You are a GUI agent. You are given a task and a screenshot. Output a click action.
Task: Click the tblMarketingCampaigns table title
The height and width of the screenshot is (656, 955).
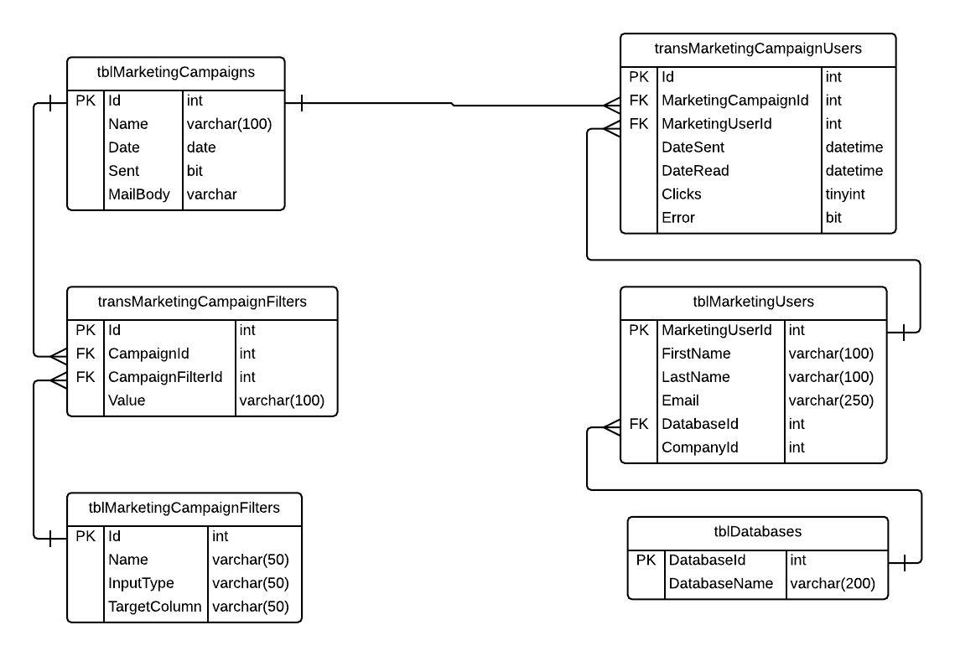click(x=175, y=73)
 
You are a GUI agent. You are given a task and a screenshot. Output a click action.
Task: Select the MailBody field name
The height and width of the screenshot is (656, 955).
click(x=139, y=194)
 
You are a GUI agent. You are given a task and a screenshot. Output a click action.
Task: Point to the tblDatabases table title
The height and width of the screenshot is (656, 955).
click(x=757, y=532)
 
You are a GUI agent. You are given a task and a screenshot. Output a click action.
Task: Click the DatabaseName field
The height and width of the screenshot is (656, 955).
click(x=719, y=583)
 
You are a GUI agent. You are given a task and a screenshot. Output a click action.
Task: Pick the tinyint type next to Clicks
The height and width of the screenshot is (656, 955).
click(x=845, y=194)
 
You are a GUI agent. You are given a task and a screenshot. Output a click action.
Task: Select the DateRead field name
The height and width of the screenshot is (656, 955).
click(x=695, y=170)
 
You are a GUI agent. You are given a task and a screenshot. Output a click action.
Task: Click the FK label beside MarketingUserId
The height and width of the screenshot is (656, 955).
click(x=639, y=124)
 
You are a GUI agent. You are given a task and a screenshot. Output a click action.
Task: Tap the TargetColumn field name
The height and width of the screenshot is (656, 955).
click(x=155, y=606)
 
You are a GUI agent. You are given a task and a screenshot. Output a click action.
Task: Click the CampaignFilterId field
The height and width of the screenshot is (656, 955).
click(x=165, y=377)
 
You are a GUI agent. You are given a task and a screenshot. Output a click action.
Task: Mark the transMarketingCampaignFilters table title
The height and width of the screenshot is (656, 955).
click(x=201, y=302)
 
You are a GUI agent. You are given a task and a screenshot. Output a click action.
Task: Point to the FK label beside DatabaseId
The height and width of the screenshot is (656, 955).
click(x=639, y=424)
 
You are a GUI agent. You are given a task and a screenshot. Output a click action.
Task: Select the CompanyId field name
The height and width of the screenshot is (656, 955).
click(x=700, y=447)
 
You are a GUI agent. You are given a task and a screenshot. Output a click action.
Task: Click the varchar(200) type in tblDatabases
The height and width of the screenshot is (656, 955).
click(x=833, y=583)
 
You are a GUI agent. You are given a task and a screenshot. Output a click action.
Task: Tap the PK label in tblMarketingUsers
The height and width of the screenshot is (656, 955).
click(x=639, y=330)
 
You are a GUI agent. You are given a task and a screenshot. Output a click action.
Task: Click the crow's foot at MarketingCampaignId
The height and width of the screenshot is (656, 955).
click(x=610, y=105)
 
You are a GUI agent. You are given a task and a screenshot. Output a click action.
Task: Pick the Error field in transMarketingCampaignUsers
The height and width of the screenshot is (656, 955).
click(x=678, y=217)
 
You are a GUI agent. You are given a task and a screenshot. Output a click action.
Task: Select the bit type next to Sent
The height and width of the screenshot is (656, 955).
click(x=195, y=171)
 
